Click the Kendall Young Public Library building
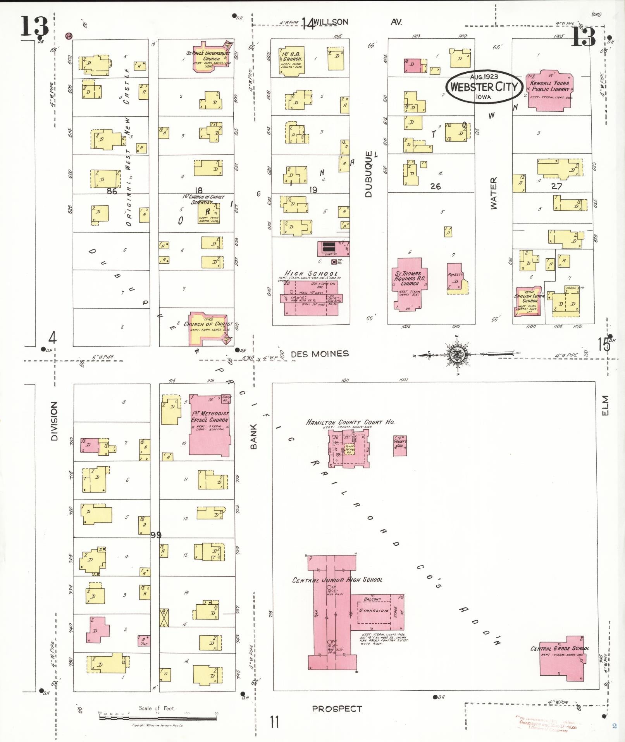coord(549,91)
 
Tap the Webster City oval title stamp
coord(484,86)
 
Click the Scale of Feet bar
coord(159,718)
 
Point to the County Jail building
coord(399,445)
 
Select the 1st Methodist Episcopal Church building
coord(210,425)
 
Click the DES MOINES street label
coord(319,354)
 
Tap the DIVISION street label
coord(54,421)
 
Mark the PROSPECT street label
coord(337,709)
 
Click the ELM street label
coord(605,405)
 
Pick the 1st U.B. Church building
coord(292,60)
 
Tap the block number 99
coord(156,535)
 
